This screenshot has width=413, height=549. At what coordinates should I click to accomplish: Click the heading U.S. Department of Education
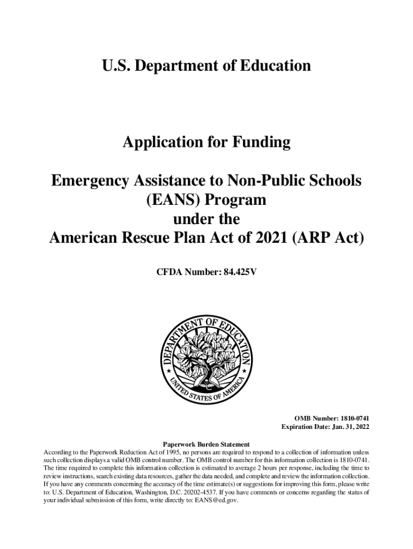pyautogui.click(x=206, y=66)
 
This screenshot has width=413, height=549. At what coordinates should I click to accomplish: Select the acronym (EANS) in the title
pyautogui.click(x=174, y=200)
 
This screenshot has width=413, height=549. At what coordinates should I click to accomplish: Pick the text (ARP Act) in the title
pyautogui.click(x=328, y=238)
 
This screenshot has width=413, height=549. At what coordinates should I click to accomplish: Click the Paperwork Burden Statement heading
pyautogui.click(x=206, y=444)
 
